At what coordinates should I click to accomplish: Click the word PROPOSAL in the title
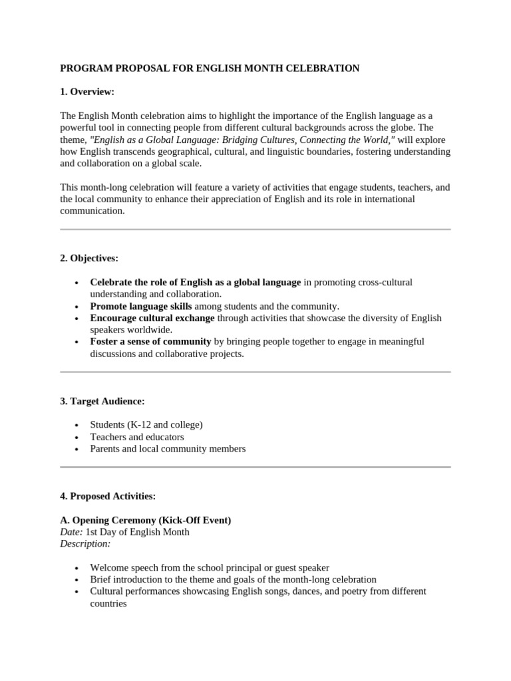(x=136, y=68)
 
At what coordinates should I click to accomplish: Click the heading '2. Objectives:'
(x=89, y=258)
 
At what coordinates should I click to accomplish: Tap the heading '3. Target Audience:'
(x=102, y=401)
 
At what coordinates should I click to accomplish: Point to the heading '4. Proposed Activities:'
(x=108, y=496)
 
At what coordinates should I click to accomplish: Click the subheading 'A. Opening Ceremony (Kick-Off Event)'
(x=146, y=520)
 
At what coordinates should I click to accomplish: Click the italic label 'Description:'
(x=85, y=544)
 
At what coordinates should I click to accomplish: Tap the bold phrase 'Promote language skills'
(x=141, y=307)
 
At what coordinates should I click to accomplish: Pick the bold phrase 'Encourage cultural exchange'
(x=152, y=319)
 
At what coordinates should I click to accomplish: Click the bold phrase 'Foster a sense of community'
(x=150, y=342)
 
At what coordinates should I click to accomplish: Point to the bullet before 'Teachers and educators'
(x=77, y=438)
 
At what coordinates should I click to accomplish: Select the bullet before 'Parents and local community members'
(x=77, y=450)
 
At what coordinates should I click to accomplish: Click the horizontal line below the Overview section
(x=255, y=229)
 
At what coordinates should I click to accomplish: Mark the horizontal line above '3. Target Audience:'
(x=255, y=372)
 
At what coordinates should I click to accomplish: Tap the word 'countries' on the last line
(x=108, y=604)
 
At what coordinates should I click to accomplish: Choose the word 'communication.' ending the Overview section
(x=92, y=211)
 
